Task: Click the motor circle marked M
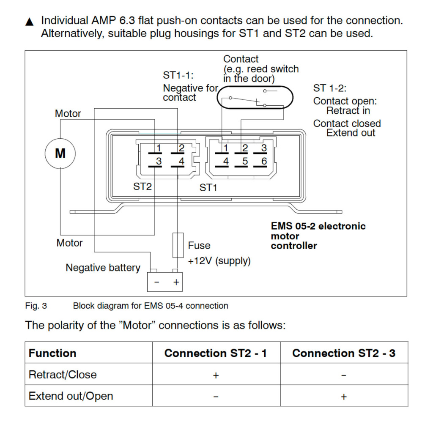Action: (60, 153)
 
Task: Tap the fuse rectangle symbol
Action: (178, 245)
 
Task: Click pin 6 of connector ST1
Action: (263, 162)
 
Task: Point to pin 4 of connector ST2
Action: (181, 162)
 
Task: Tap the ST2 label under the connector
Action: (143, 186)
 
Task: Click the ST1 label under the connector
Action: (208, 188)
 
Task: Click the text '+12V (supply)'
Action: (219, 261)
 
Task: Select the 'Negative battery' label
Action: (103, 268)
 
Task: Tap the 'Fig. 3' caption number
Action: (36, 306)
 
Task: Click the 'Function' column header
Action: (52, 353)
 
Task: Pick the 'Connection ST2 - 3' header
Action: (344, 353)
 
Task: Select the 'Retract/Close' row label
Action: (63, 375)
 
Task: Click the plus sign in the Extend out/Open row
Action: (344, 397)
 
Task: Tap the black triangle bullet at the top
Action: (29, 22)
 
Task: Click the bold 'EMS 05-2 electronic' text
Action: (318, 226)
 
